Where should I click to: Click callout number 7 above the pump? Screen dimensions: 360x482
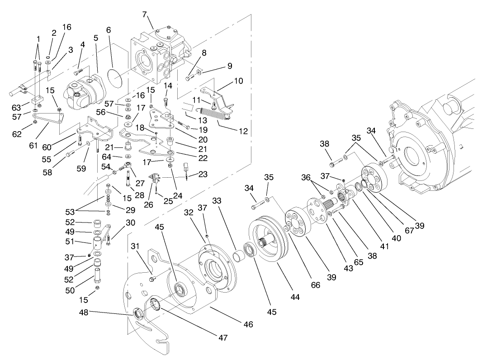pos(144,14)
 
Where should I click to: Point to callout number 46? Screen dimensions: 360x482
pos(248,324)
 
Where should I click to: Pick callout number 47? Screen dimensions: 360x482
pos(222,337)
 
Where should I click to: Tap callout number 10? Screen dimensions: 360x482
pos(238,81)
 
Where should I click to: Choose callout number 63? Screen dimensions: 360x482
pos(17,107)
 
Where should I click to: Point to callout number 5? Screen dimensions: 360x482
pos(95,38)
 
